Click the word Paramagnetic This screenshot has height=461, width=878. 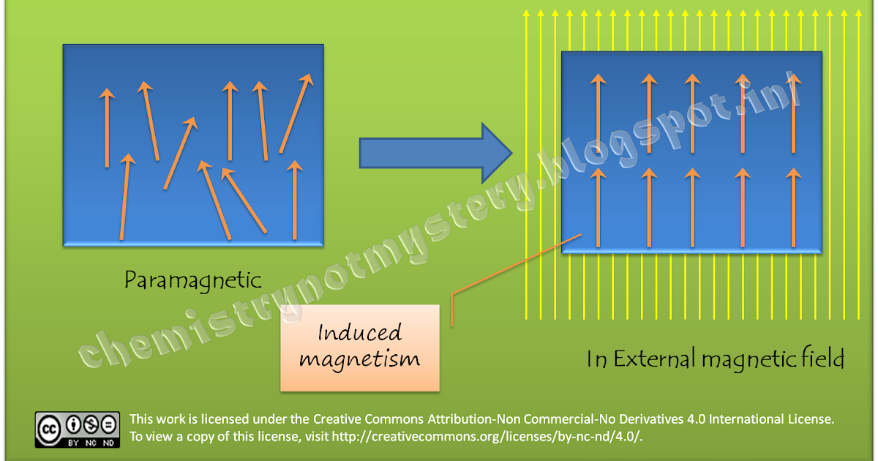[192, 280]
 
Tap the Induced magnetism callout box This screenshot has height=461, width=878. [359, 347]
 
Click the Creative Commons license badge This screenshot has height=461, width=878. [77, 430]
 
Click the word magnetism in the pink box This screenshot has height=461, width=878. [359, 359]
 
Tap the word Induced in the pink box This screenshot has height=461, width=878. [359, 334]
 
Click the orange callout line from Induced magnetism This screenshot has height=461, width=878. [512, 266]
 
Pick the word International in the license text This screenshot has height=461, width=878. [732, 420]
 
